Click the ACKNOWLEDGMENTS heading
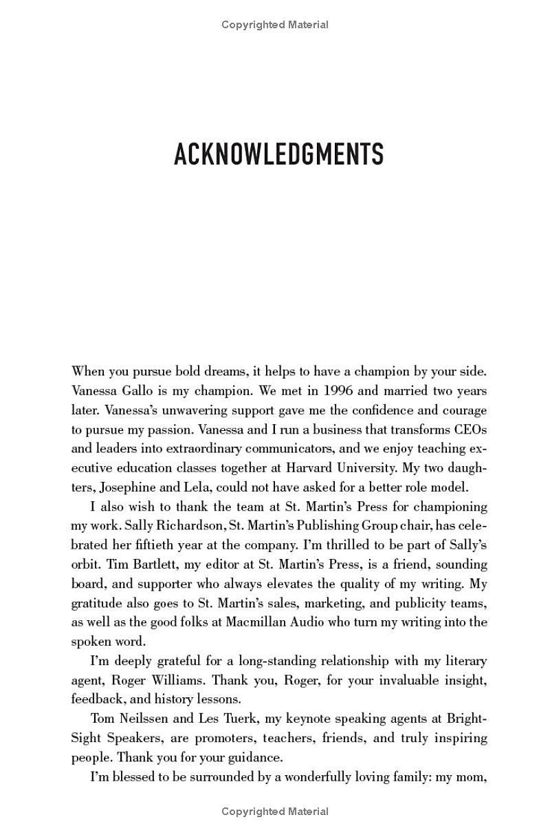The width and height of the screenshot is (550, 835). tap(278, 155)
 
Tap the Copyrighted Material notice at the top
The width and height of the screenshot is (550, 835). tap(275, 25)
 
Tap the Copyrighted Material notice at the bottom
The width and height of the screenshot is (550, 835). tap(275, 812)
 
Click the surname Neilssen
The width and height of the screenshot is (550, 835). tap(146, 719)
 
